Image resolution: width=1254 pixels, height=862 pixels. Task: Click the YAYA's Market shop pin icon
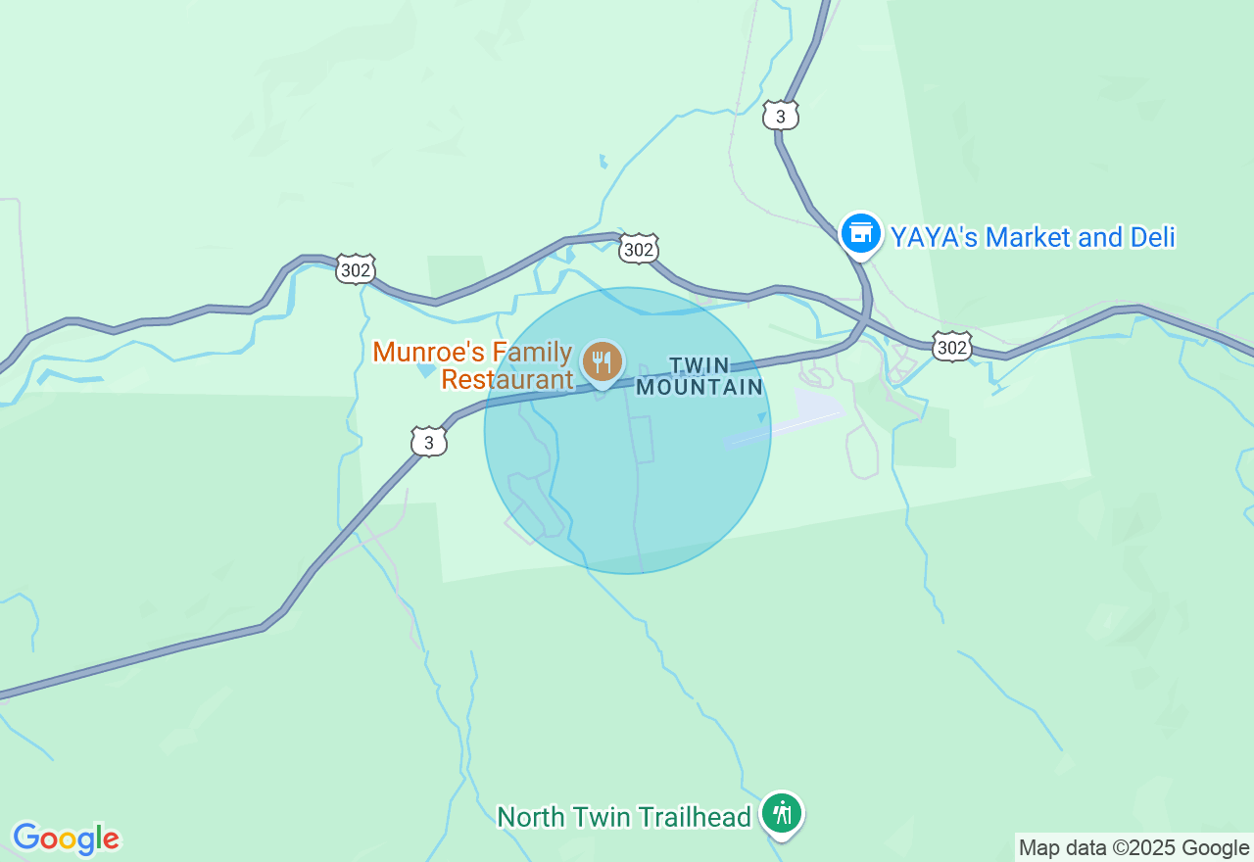point(860,233)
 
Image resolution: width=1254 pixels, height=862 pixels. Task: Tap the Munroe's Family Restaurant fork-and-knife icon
point(602,362)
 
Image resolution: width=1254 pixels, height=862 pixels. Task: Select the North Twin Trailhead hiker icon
point(782,813)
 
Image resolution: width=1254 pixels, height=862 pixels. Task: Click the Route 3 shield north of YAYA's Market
point(781,116)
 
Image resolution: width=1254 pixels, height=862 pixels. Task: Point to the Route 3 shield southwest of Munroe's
point(428,442)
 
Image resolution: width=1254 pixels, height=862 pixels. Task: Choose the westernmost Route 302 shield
point(355,269)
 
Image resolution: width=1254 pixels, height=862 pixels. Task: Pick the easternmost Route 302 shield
point(951,346)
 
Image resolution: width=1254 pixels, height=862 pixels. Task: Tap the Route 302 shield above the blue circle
point(638,250)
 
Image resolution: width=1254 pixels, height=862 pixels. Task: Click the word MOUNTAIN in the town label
point(699,387)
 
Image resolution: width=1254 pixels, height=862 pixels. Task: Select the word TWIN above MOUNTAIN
point(699,365)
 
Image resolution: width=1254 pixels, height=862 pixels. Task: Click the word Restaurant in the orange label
point(506,379)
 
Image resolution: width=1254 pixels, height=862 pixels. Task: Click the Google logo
point(66,839)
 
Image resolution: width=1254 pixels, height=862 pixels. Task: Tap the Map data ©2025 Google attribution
point(1133,848)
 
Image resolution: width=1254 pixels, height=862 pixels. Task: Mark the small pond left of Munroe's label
point(426,370)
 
